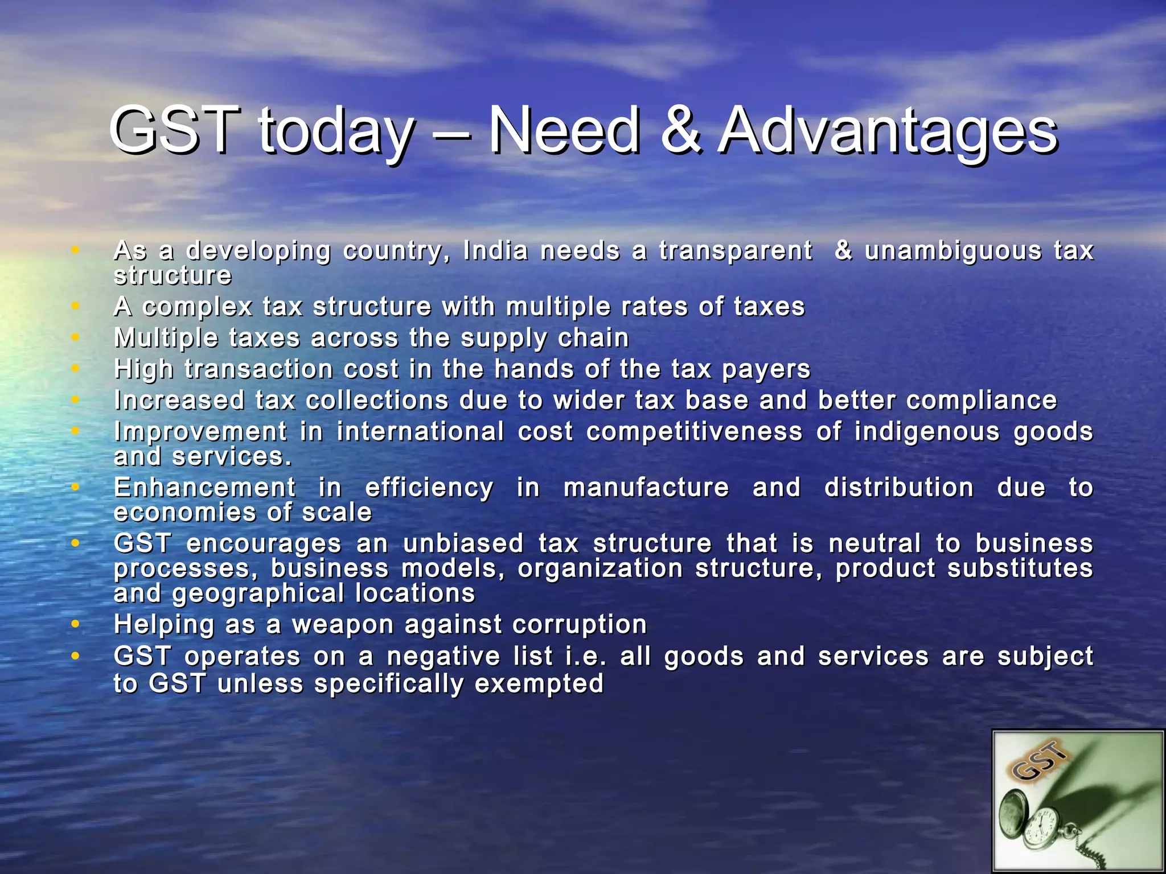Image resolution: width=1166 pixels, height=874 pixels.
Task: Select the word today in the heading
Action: click(x=336, y=132)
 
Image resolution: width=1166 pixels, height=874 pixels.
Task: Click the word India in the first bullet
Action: click(x=495, y=250)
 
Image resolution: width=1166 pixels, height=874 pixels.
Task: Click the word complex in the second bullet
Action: click(x=197, y=307)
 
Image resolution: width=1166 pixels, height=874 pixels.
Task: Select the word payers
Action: click(x=766, y=370)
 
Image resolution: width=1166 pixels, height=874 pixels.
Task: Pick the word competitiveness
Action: click(x=695, y=432)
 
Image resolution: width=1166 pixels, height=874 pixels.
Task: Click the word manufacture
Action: click(x=646, y=488)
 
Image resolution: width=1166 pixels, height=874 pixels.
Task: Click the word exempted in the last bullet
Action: click(x=539, y=683)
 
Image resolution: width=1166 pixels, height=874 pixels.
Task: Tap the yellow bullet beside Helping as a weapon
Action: click(x=75, y=624)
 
